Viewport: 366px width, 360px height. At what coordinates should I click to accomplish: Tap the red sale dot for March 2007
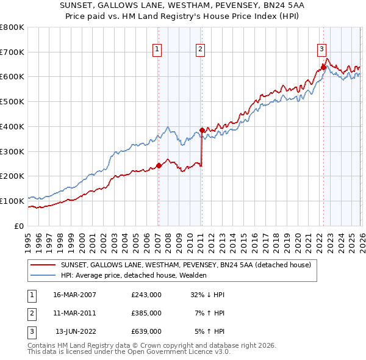[159, 165]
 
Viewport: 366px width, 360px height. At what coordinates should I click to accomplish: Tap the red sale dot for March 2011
[201, 130]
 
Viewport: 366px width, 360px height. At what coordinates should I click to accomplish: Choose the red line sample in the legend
[43, 265]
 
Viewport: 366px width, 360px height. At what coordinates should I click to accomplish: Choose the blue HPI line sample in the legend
[43, 275]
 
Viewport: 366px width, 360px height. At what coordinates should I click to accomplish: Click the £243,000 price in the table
[146, 295]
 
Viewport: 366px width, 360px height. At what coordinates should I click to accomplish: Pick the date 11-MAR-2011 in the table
[74, 313]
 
